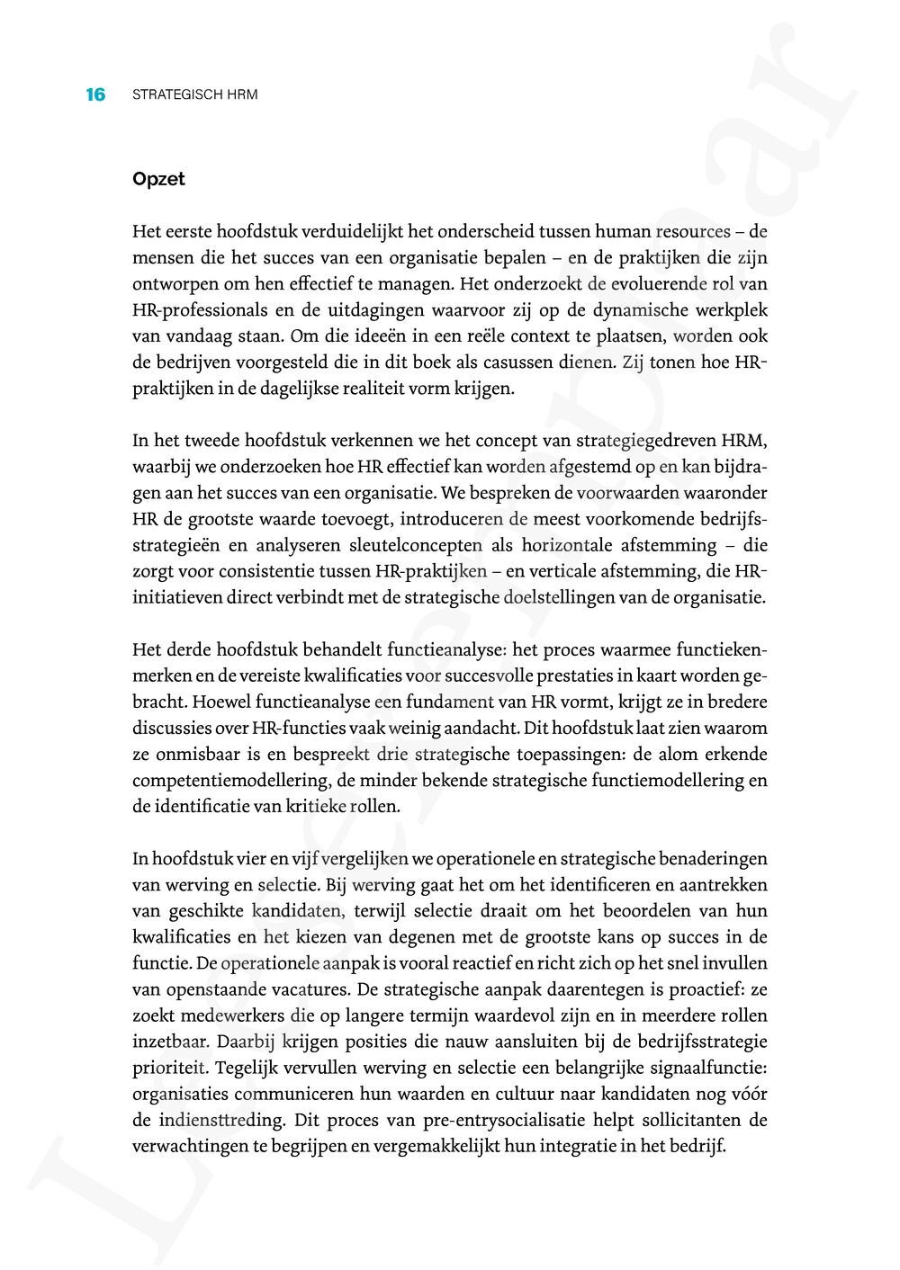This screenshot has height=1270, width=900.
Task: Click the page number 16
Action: coord(95,94)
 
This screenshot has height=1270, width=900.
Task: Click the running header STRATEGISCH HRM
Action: coord(195,94)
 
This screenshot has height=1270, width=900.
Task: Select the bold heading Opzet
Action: coord(158,179)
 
